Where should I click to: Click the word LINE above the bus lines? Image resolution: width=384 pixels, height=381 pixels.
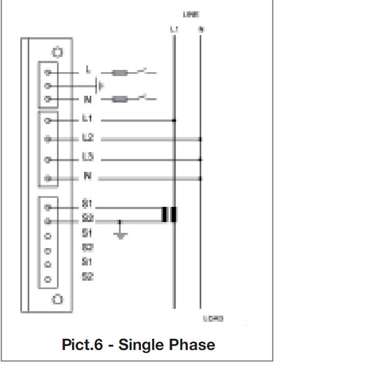point(191,14)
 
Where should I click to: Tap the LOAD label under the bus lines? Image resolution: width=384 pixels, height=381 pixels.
point(213,319)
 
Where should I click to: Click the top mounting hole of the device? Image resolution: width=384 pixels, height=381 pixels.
point(57,52)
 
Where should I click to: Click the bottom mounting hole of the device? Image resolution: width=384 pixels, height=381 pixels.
point(57,299)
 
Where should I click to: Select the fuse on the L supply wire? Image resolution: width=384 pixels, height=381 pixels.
point(120,73)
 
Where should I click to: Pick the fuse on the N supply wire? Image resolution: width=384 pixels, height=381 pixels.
point(120,99)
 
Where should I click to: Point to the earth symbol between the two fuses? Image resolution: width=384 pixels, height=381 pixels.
point(100,86)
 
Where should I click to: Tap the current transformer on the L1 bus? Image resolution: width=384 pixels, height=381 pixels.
point(169,215)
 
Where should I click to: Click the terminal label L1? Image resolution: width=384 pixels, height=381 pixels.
point(87,119)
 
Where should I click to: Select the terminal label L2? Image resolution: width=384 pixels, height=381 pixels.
point(87,139)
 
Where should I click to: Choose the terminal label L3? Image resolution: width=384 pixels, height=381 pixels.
point(87,158)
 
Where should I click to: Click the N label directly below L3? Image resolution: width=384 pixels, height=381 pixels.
point(87,177)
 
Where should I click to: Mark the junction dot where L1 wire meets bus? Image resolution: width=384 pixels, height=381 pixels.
point(174,120)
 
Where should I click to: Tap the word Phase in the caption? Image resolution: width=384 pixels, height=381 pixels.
point(193,344)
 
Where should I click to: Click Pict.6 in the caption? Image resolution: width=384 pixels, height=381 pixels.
point(82,344)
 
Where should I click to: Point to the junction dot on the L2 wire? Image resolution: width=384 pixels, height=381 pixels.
point(200,139)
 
